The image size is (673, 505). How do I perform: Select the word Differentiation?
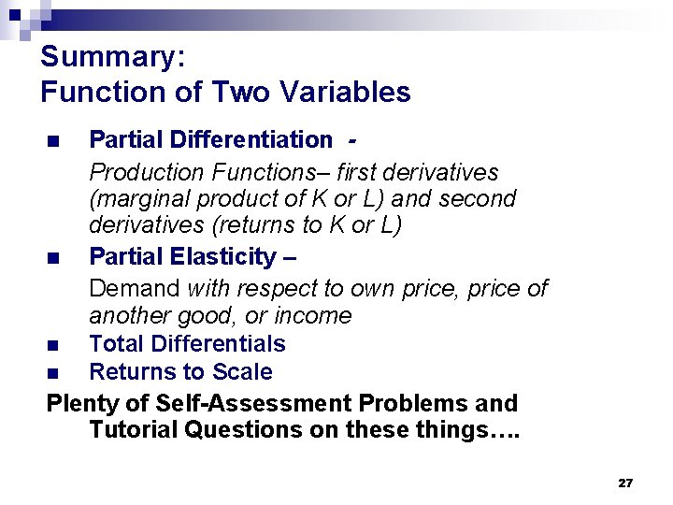[252, 139]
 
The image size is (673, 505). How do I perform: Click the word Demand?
[135, 288]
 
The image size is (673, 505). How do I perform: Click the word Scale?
[241, 371]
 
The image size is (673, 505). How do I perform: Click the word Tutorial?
[130, 429]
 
